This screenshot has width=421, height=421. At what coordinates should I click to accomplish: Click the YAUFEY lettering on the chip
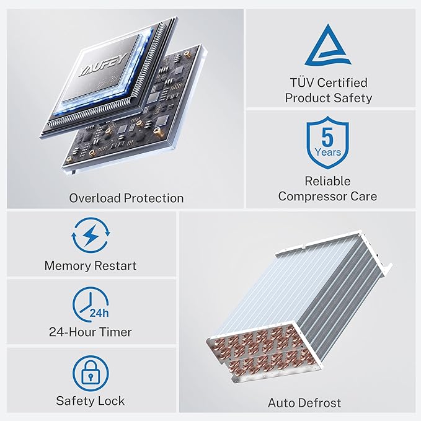pyautogui.click(x=104, y=65)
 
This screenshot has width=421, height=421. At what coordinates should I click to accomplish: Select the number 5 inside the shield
pyautogui.click(x=327, y=137)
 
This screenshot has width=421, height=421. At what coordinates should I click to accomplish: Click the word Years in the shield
pyautogui.click(x=328, y=153)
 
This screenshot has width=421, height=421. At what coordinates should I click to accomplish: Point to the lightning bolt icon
pyautogui.click(x=91, y=235)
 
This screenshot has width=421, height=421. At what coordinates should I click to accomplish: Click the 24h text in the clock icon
pyautogui.click(x=99, y=313)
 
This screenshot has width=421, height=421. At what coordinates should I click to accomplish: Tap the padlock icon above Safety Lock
pyautogui.click(x=91, y=373)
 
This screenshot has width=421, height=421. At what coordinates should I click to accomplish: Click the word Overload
pyautogui.click(x=95, y=198)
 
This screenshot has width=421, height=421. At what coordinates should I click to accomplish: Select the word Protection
pyautogui.click(x=154, y=198)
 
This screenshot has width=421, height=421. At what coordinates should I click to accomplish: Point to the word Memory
pyautogui.click(x=68, y=266)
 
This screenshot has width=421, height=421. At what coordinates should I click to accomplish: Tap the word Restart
pyautogui.click(x=115, y=266)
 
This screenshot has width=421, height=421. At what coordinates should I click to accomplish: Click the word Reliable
pyautogui.click(x=327, y=181)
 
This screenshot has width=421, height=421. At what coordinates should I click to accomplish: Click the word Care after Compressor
pyautogui.click(x=363, y=197)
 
